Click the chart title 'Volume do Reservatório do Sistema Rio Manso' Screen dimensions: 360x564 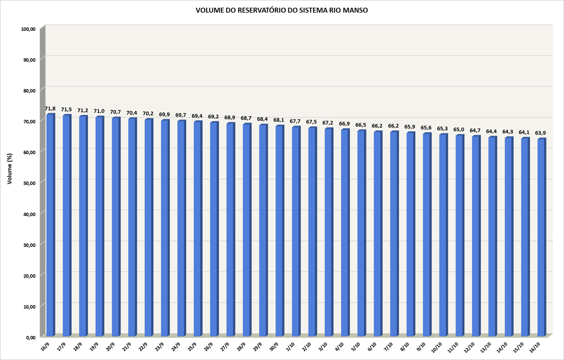[282, 10]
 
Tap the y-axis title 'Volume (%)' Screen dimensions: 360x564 [10, 169]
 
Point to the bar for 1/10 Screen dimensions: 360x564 [296, 232]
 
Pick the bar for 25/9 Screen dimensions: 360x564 [197, 230]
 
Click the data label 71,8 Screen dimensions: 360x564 [51, 108]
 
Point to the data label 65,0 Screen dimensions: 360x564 [459, 130]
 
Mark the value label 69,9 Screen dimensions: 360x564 [165, 115]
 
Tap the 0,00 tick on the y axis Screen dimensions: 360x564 [30, 337]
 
